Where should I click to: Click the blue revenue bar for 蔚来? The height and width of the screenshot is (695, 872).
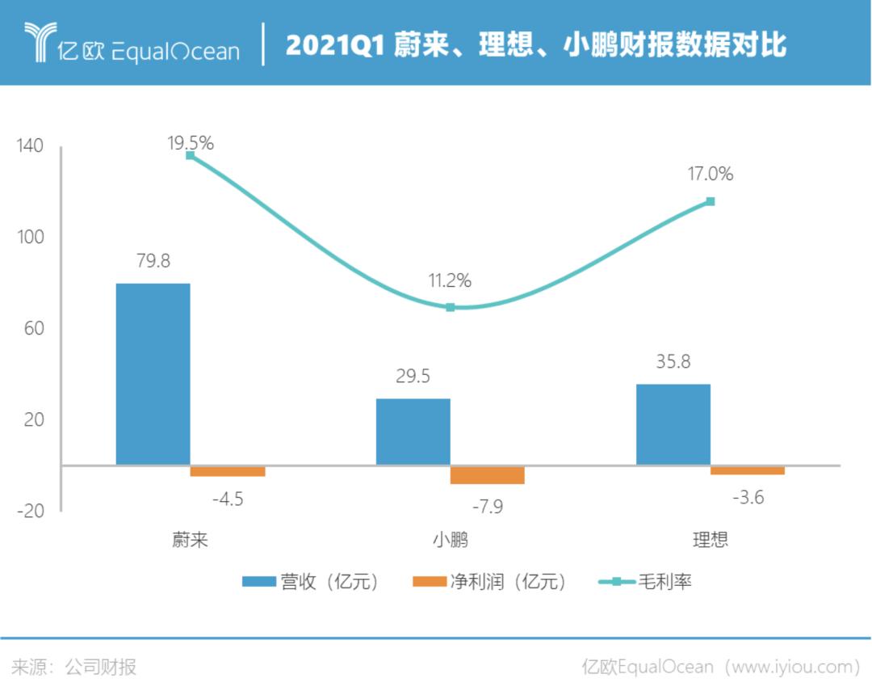(x=153, y=373)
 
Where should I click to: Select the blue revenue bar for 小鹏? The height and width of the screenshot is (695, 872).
(x=413, y=432)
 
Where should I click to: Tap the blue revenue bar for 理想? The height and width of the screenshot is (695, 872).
(x=673, y=424)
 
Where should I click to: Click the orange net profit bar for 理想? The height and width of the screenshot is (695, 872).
(x=748, y=470)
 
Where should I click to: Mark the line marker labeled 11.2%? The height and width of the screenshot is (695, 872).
(x=451, y=307)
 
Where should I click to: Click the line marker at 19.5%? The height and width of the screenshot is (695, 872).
(x=191, y=155)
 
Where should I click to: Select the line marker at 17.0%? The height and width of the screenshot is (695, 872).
(x=711, y=201)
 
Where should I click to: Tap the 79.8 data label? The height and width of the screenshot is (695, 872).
(x=153, y=262)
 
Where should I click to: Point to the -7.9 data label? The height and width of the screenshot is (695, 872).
(x=487, y=506)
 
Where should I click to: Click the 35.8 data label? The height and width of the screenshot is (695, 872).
(x=673, y=362)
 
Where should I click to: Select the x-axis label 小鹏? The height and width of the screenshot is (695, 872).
(x=451, y=540)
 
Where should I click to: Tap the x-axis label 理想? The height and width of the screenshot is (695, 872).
(x=711, y=540)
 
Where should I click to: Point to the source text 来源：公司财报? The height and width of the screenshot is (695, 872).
(x=74, y=667)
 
